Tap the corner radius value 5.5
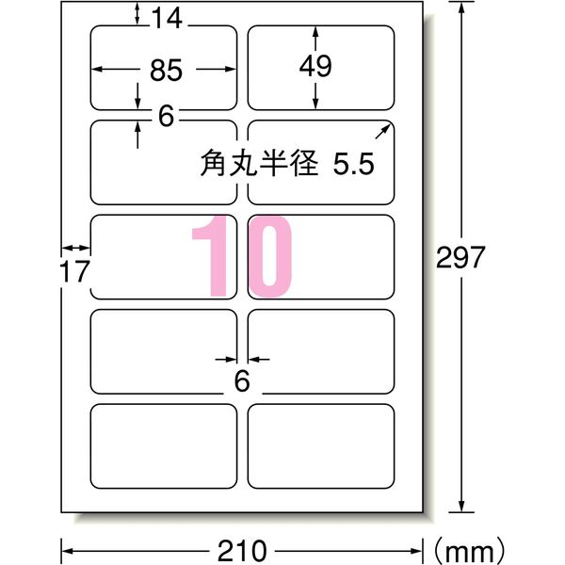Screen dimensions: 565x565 [x=355, y=163]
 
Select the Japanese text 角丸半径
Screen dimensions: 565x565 [x=259, y=163]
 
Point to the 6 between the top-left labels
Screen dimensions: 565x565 [x=167, y=117]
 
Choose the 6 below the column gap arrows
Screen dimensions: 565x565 [x=241, y=381]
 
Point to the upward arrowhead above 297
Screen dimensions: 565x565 [x=462, y=8]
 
